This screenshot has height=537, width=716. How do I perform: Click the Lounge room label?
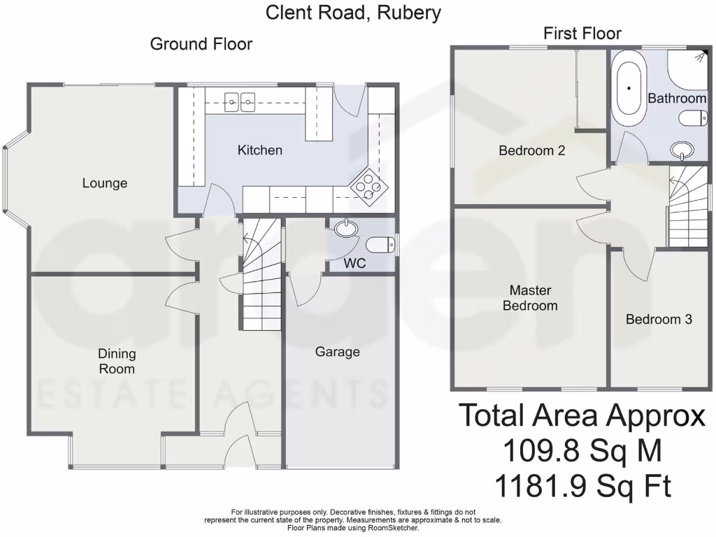coord(105,183)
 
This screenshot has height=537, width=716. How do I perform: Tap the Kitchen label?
coord(260,150)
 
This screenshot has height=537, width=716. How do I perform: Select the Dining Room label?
coord(117,361)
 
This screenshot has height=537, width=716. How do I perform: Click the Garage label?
coord(337,352)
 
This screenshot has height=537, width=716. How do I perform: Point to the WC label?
coord(354,265)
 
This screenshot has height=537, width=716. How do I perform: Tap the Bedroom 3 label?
coord(659,320)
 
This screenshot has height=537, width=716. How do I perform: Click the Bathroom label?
coord(677,99)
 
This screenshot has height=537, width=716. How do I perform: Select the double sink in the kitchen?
coord(239,101)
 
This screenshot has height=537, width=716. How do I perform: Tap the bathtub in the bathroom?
coord(629,89)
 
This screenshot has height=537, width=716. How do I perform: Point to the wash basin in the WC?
coord(345,228)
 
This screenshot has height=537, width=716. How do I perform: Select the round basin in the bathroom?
coord(681,149)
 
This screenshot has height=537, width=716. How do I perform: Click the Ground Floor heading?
coord(201,44)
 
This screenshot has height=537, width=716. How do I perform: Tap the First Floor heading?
coord(582,34)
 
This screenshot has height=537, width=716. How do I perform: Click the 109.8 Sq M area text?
coord(582,451)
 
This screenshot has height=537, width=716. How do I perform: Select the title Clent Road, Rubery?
coord(353,12)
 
